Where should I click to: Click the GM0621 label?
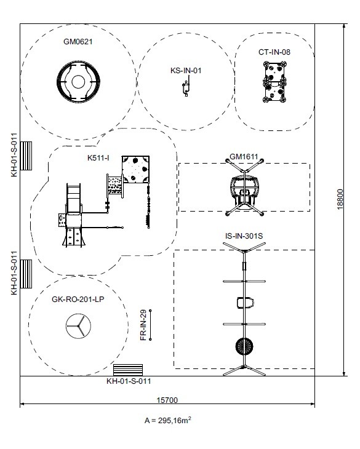pos(78,42)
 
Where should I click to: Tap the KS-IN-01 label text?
pos(186,71)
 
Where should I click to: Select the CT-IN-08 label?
pos(274,52)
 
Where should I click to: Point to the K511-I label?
pos(98,158)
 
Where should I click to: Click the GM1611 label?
pos(244,157)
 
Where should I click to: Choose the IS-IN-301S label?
pos(244,236)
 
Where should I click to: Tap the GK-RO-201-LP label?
pos(78,300)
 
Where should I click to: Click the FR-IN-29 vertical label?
pos(143,325)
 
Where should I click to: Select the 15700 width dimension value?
pos(167,400)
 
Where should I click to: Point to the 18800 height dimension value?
pos(340,199)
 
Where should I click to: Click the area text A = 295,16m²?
pos(168,420)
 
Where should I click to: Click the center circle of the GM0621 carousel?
pos(78,82)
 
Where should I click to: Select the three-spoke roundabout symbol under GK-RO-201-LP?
pos(78,326)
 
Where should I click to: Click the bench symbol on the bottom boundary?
pos(128,370)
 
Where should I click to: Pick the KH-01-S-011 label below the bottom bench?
pos(129,381)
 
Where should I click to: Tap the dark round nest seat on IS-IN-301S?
pos(244,346)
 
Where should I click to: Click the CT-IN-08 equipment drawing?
pos(274,82)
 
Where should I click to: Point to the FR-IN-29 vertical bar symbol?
pos(150,325)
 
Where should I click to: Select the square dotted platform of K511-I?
pos(135,170)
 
